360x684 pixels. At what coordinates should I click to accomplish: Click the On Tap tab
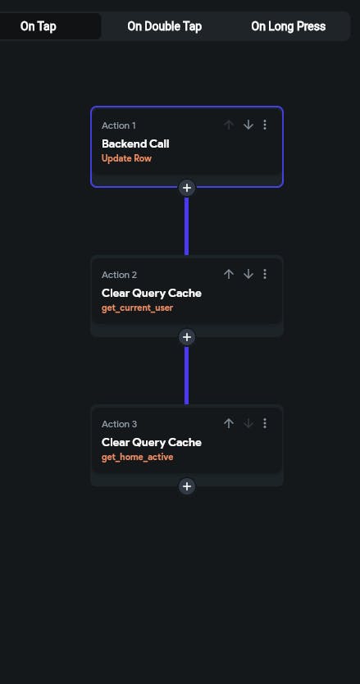[x=38, y=26]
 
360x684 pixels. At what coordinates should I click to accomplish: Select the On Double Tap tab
[x=165, y=26]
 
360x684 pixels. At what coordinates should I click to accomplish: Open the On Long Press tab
[x=288, y=26]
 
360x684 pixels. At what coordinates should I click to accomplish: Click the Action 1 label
[x=119, y=125]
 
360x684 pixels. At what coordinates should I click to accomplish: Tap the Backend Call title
[x=135, y=144]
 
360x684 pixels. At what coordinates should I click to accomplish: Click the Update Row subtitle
[x=126, y=158]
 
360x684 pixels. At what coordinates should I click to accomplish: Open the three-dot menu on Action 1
[x=264, y=125]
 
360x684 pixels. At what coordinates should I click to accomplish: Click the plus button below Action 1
[x=187, y=188]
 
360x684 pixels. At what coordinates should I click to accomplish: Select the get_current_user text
[x=138, y=308]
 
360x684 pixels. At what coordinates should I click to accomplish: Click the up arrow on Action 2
[x=229, y=274]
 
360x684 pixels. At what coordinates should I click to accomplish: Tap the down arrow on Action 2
[x=248, y=274]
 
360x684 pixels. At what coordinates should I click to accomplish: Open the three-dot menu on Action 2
[x=264, y=274]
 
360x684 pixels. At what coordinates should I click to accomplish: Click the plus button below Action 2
[x=187, y=337]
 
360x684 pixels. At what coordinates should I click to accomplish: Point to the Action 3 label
[x=119, y=424]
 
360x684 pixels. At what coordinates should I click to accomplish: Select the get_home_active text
[x=138, y=457]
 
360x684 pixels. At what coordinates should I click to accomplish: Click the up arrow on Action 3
[x=229, y=423]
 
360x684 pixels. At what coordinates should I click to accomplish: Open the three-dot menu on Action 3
[x=264, y=423]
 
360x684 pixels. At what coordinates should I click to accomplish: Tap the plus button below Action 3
[x=187, y=486]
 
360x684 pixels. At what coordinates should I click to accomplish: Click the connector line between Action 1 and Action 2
[x=187, y=226]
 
